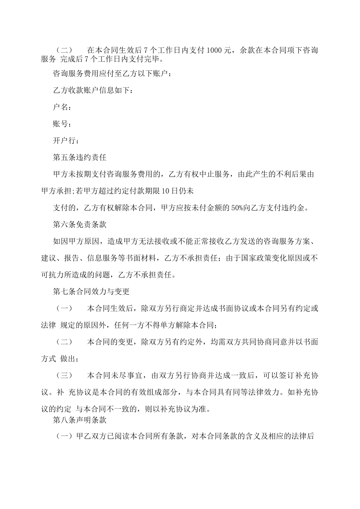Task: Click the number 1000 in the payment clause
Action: [214, 50]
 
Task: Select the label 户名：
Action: [62, 107]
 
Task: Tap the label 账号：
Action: [62, 124]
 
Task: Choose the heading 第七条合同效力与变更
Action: [91, 291]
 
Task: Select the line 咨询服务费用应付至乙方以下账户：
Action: [112, 73]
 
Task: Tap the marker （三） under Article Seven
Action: [64, 375]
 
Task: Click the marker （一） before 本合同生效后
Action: [64, 308]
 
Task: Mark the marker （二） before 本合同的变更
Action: [64, 342]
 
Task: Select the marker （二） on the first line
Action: [64, 50]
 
